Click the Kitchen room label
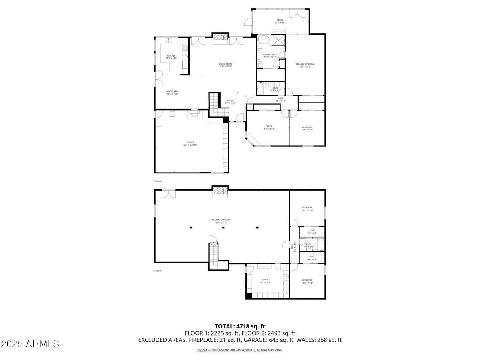(171, 57)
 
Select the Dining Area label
(172, 92)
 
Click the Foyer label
(230, 102)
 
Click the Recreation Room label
(221, 221)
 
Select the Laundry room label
(265, 280)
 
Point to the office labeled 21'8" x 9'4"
(280, 21)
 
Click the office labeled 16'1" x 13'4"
(269, 127)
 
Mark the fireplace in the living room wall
(219, 38)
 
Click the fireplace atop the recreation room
(219, 192)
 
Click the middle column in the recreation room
(224, 228)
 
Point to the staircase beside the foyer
(215, 103)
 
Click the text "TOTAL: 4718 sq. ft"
(240, 326)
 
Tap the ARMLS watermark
(30, 344)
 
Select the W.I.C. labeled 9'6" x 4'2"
(312, 231)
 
